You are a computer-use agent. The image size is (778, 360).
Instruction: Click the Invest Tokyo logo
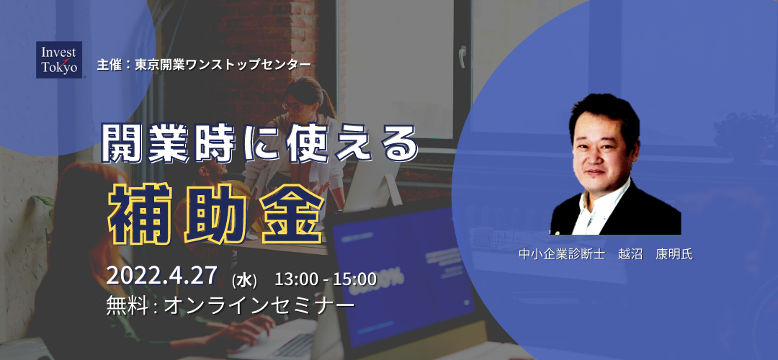[x=59, y=60]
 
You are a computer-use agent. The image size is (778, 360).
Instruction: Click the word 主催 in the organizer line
[x=109, y=65]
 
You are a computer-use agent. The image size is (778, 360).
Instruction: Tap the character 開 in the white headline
[x=122, y=144]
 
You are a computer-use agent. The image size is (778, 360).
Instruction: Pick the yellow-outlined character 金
[x=292, y=214]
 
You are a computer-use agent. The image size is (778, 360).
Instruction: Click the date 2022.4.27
[x=161, y=276]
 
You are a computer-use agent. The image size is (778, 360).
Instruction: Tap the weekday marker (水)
[x=245, y=281]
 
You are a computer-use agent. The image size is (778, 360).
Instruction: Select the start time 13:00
[x=296, y=279]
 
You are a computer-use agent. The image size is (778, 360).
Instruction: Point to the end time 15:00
[x=354, y=279]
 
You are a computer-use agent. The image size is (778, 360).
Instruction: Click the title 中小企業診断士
[x=562, y=255]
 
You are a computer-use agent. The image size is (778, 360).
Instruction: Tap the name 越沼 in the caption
[x=630, y=255]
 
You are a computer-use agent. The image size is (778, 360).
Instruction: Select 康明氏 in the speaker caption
[x=674, y=255]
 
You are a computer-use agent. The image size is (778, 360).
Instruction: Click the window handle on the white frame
[x=462, y=57]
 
